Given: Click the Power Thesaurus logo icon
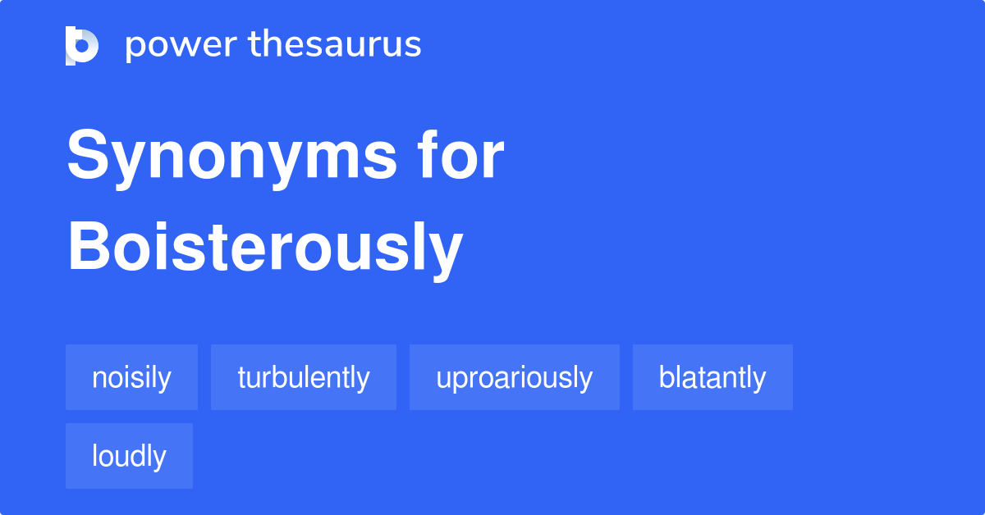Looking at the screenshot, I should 82,45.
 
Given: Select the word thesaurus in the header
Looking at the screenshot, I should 335,45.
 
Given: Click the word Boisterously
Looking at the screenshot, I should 265,248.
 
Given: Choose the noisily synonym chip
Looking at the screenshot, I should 131,377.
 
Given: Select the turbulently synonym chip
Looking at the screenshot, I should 304,377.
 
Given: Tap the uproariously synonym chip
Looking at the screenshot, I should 515,377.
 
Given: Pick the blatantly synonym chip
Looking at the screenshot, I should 712,377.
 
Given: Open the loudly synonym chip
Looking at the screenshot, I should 129,456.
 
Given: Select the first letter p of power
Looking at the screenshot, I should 135,48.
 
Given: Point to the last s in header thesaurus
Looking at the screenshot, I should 414,47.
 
